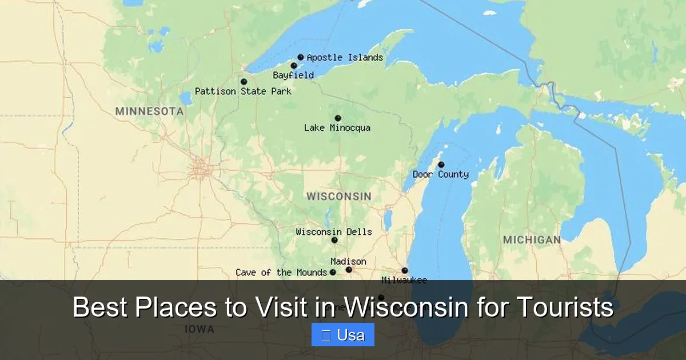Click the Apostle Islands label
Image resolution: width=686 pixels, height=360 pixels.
pyautogui.click(x=345, y=58)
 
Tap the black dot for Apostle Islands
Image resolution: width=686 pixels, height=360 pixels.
pyautogui.click(x=301, y=57)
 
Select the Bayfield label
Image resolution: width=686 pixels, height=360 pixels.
pyautogui.click(x=293, y=75)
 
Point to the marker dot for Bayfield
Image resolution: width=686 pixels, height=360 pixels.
pyautogui.click(x=294, y=66)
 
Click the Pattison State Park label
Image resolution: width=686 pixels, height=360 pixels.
pyautogui.click(x=243, y=91)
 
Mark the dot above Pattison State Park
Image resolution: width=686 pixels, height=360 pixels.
pyautogui.click(x=244, y=82)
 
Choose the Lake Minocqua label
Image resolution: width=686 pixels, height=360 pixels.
pyautogui.click(x=337, y=128)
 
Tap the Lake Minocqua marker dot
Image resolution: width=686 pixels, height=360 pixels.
pyautogui.click(x=338, y=118)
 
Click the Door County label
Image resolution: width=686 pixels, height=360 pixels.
pyautogui.click(x=441, y=174)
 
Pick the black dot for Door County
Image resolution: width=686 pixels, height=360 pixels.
pyautogui.click(x=441, y=165)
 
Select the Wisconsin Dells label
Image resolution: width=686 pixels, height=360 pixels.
pyautogui.click(x=334, y=232)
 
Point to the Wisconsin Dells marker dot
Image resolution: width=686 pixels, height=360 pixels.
pyautogui.click(x=334, y=240)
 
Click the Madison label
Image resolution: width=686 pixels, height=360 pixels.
pyautogui.click(x=348, y=262)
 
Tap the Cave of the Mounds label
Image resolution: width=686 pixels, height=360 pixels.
pyautogui.click(x=281, y=273)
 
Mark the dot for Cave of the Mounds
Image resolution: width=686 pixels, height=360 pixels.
pyautogui.click(x=333, y=272)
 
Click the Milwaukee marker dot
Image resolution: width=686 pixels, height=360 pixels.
pyautogui.click(x=405, y=270)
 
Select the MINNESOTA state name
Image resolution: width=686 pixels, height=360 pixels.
pyautogui.click(x=149, y=111)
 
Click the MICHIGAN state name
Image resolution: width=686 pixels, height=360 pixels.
pyautogui.click(x=532, y=240)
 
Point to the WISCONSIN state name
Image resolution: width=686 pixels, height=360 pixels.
pyautogui.click(x=338, y=197)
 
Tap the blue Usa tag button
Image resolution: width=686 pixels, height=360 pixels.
pyautogui.click(x=343, y=335)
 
